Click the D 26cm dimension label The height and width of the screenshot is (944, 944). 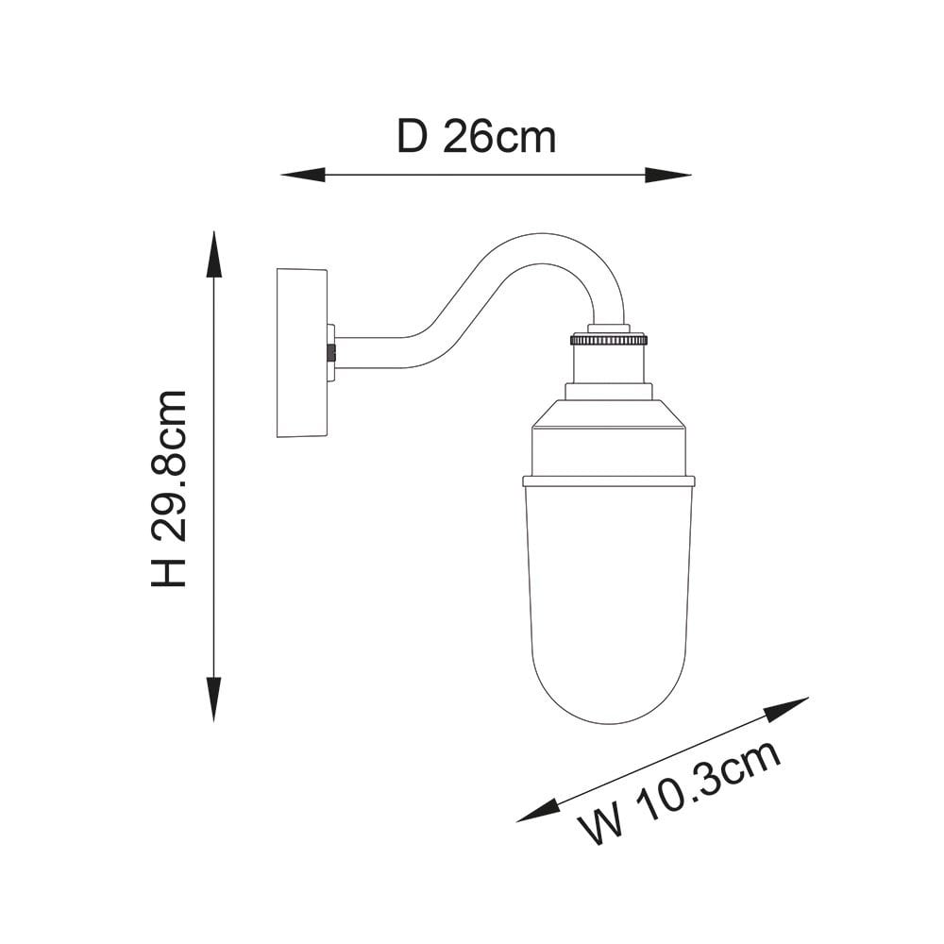click(476, 137)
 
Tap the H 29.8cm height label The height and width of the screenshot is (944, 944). click(169, 488)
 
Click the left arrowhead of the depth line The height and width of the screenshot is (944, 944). click(303, 175)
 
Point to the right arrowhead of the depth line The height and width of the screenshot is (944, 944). click(668, 176)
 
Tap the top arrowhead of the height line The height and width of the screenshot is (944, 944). click(213, 254)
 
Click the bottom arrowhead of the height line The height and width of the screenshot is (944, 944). click(213, 699)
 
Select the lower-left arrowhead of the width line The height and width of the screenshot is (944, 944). click(538, 811)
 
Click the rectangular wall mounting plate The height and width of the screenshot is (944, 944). click(302, 353)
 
